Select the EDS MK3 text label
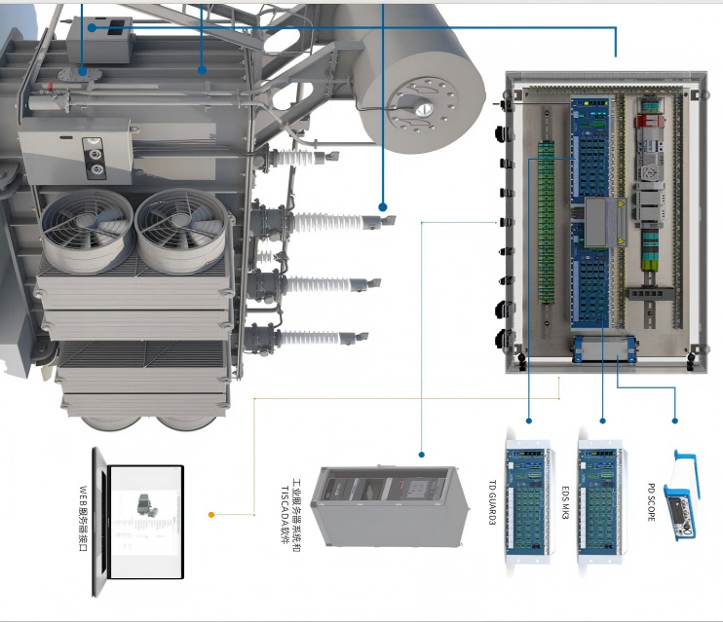tap(565, 498)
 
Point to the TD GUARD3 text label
tap(491, 500)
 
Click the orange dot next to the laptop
tap(211, 514)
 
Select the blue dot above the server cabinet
tap(422, 454)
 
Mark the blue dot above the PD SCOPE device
tap(675, 421)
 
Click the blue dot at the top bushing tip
tap(382, 207)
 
